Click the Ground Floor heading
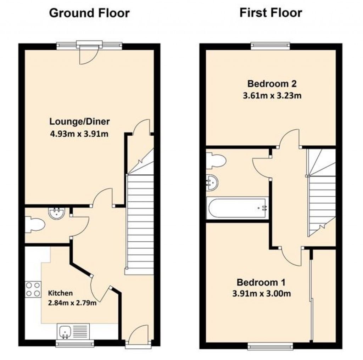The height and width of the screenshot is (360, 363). coord(89,13)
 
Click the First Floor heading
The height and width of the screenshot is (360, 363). coord(271,13)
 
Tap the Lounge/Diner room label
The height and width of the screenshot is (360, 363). coord(79,122)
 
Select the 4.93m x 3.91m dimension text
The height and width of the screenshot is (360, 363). coord(79,134)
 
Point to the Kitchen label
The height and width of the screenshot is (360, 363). coord(61,293)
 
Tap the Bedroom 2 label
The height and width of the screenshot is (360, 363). coord(272,84)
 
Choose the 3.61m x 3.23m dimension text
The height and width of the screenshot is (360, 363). coord(272,96)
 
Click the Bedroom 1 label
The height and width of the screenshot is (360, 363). coord(261,282)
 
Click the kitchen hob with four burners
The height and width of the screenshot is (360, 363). coord(33,288)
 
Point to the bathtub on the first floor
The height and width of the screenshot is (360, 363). coord(238,208)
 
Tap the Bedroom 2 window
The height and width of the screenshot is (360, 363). coord(270,46)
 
